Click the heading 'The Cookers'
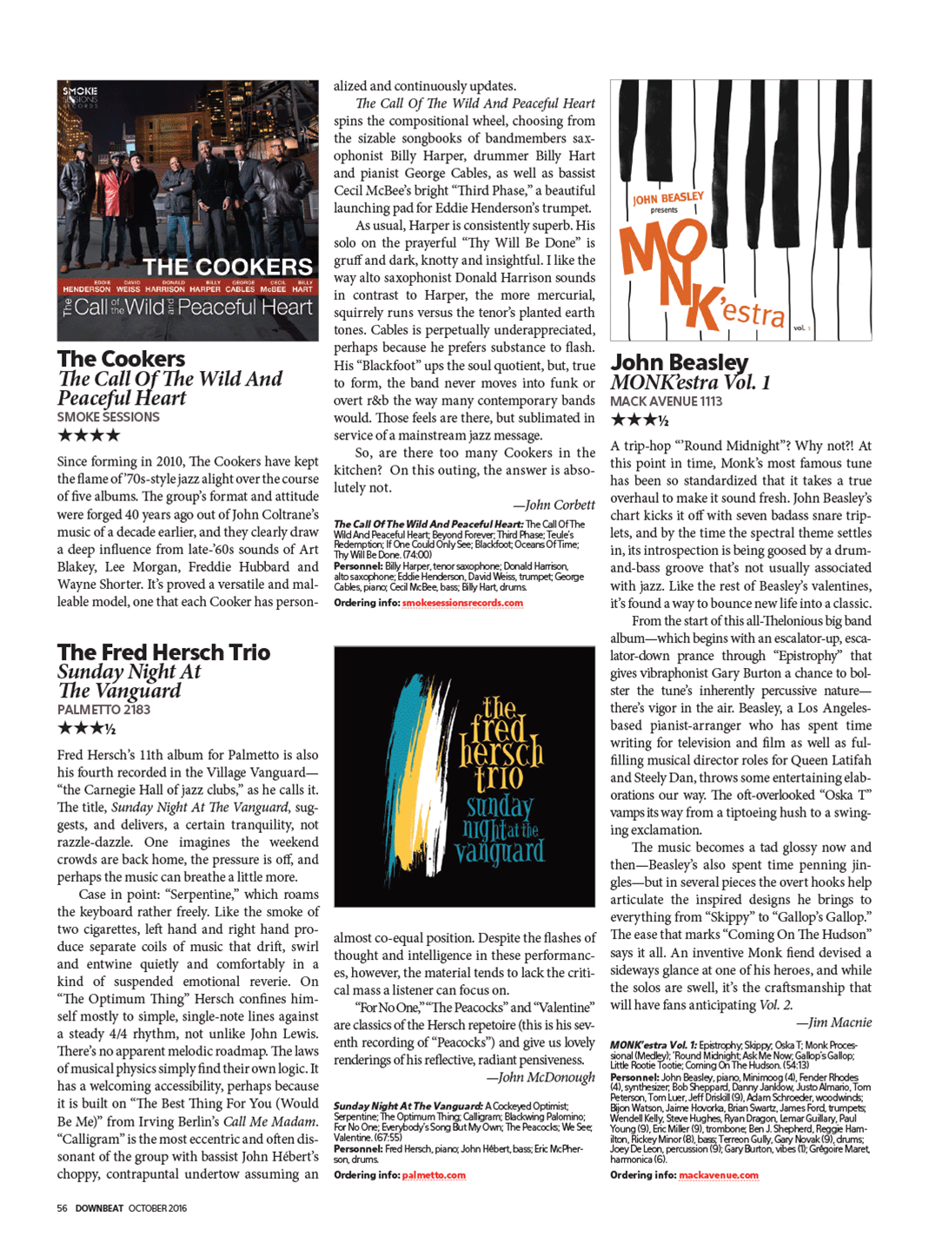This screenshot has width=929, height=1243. pyautogui.click(x=122, y=359)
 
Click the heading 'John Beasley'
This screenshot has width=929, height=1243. pyautogui.click(x=679, y=362)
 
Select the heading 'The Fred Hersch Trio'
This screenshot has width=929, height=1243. pyautogui.click(x=163, y=652)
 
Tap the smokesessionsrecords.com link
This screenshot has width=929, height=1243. pyautogui.click(x=462, y=603)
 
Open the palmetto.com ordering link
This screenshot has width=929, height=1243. pyautogui.click(x=434, y=1175)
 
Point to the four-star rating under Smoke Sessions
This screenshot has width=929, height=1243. pyautogui.click(x=89, y=435)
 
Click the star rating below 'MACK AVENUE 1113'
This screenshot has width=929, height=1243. pyautogui.click(x=639, y=420)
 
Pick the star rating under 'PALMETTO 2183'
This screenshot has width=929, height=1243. pyautogui.click(x=86, y=728)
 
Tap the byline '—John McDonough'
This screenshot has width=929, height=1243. pyautogui.click(x=541, y=1077)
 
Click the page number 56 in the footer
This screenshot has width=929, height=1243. pyautogui.click(x=62, y=1208)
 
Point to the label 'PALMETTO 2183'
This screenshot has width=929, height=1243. pyautogui.click(x=103, y=710)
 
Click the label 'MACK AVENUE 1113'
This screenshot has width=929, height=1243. pyautogui.click(x=666, y=401)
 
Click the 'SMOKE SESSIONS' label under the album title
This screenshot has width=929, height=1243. pyautogui.click(x=109, y=417)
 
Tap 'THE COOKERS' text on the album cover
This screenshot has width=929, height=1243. pyautogui.click(x=228, y=267)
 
